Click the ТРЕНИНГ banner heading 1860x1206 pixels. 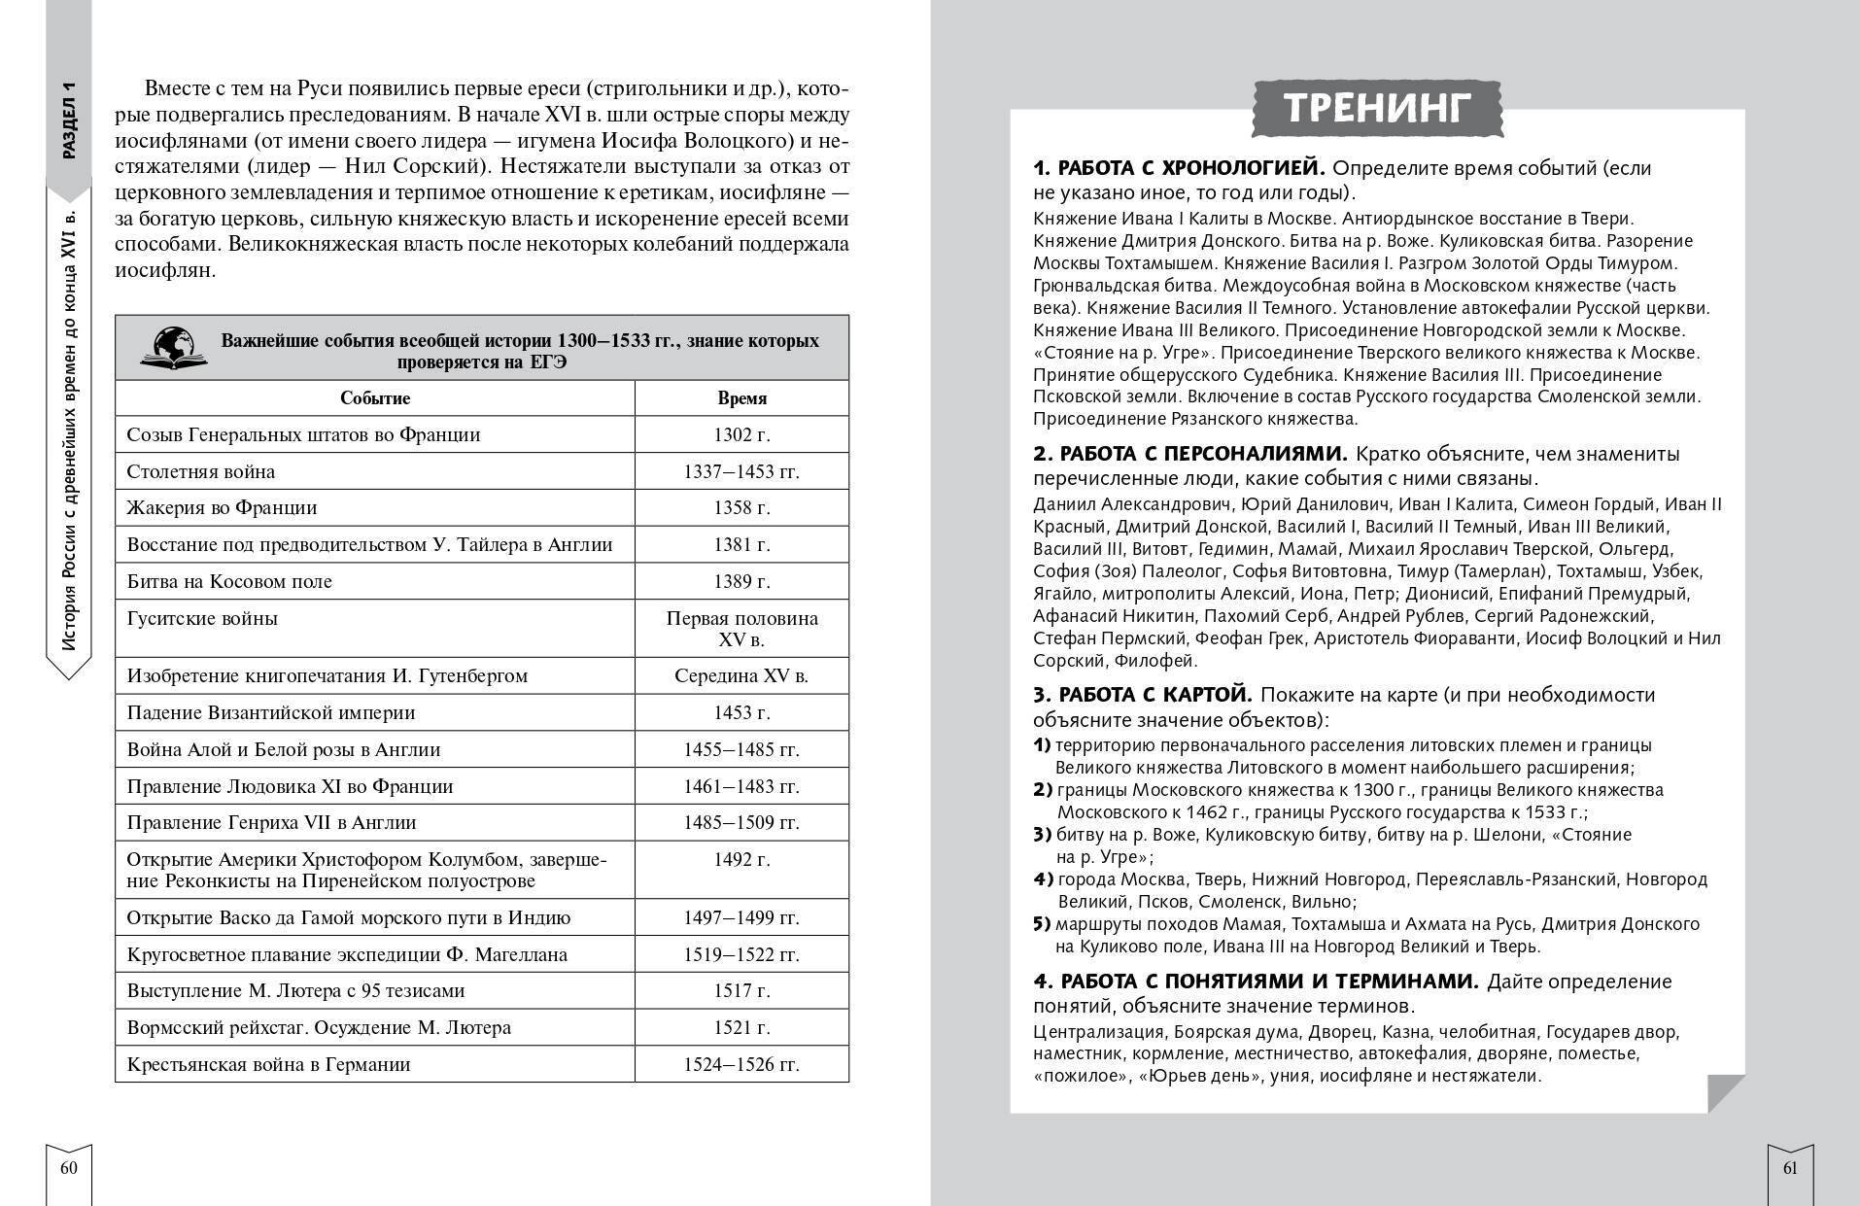[1377, 108]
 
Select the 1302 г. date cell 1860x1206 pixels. [741, 434]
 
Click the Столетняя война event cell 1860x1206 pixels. [201, 471]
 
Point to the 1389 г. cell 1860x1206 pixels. [741, 581]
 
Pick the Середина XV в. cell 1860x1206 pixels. [741, 675]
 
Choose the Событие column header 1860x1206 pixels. [375, 398]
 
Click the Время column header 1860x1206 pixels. [741, 398]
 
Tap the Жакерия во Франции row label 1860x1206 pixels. [223, 507]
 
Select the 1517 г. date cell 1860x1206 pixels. [741, 990]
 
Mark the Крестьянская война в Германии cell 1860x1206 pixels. [269, 1064]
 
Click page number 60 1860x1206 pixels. [69, 1168]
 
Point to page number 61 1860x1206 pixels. [1790, 1168]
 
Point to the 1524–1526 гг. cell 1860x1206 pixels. [741, 1064]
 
